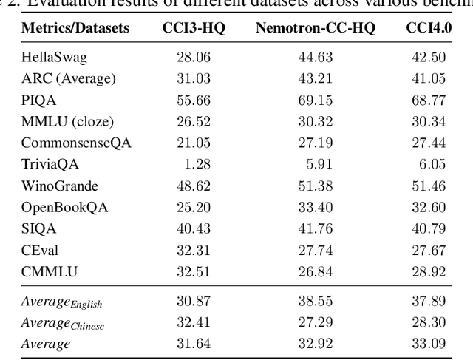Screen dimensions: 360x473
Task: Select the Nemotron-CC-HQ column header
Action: [x=315, y=29]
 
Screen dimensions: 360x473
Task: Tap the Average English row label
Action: [x=63, y=303]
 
